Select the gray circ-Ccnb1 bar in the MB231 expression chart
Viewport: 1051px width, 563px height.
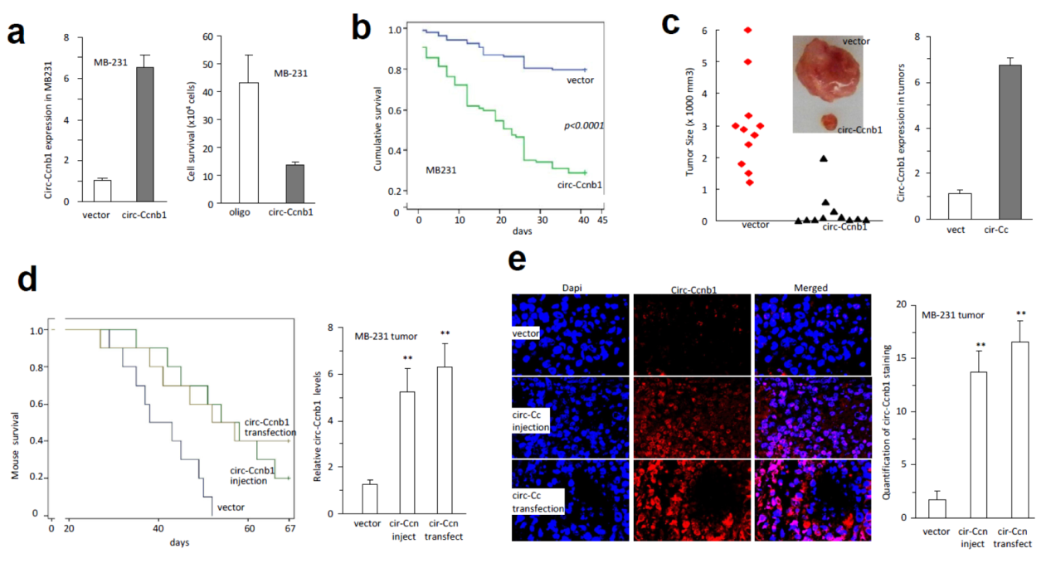144,133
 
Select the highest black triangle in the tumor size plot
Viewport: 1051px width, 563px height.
823,158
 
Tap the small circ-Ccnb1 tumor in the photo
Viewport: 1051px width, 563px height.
827,122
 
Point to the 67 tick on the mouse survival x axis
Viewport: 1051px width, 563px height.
290,528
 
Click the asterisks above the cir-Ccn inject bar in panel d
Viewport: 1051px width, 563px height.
407,358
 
